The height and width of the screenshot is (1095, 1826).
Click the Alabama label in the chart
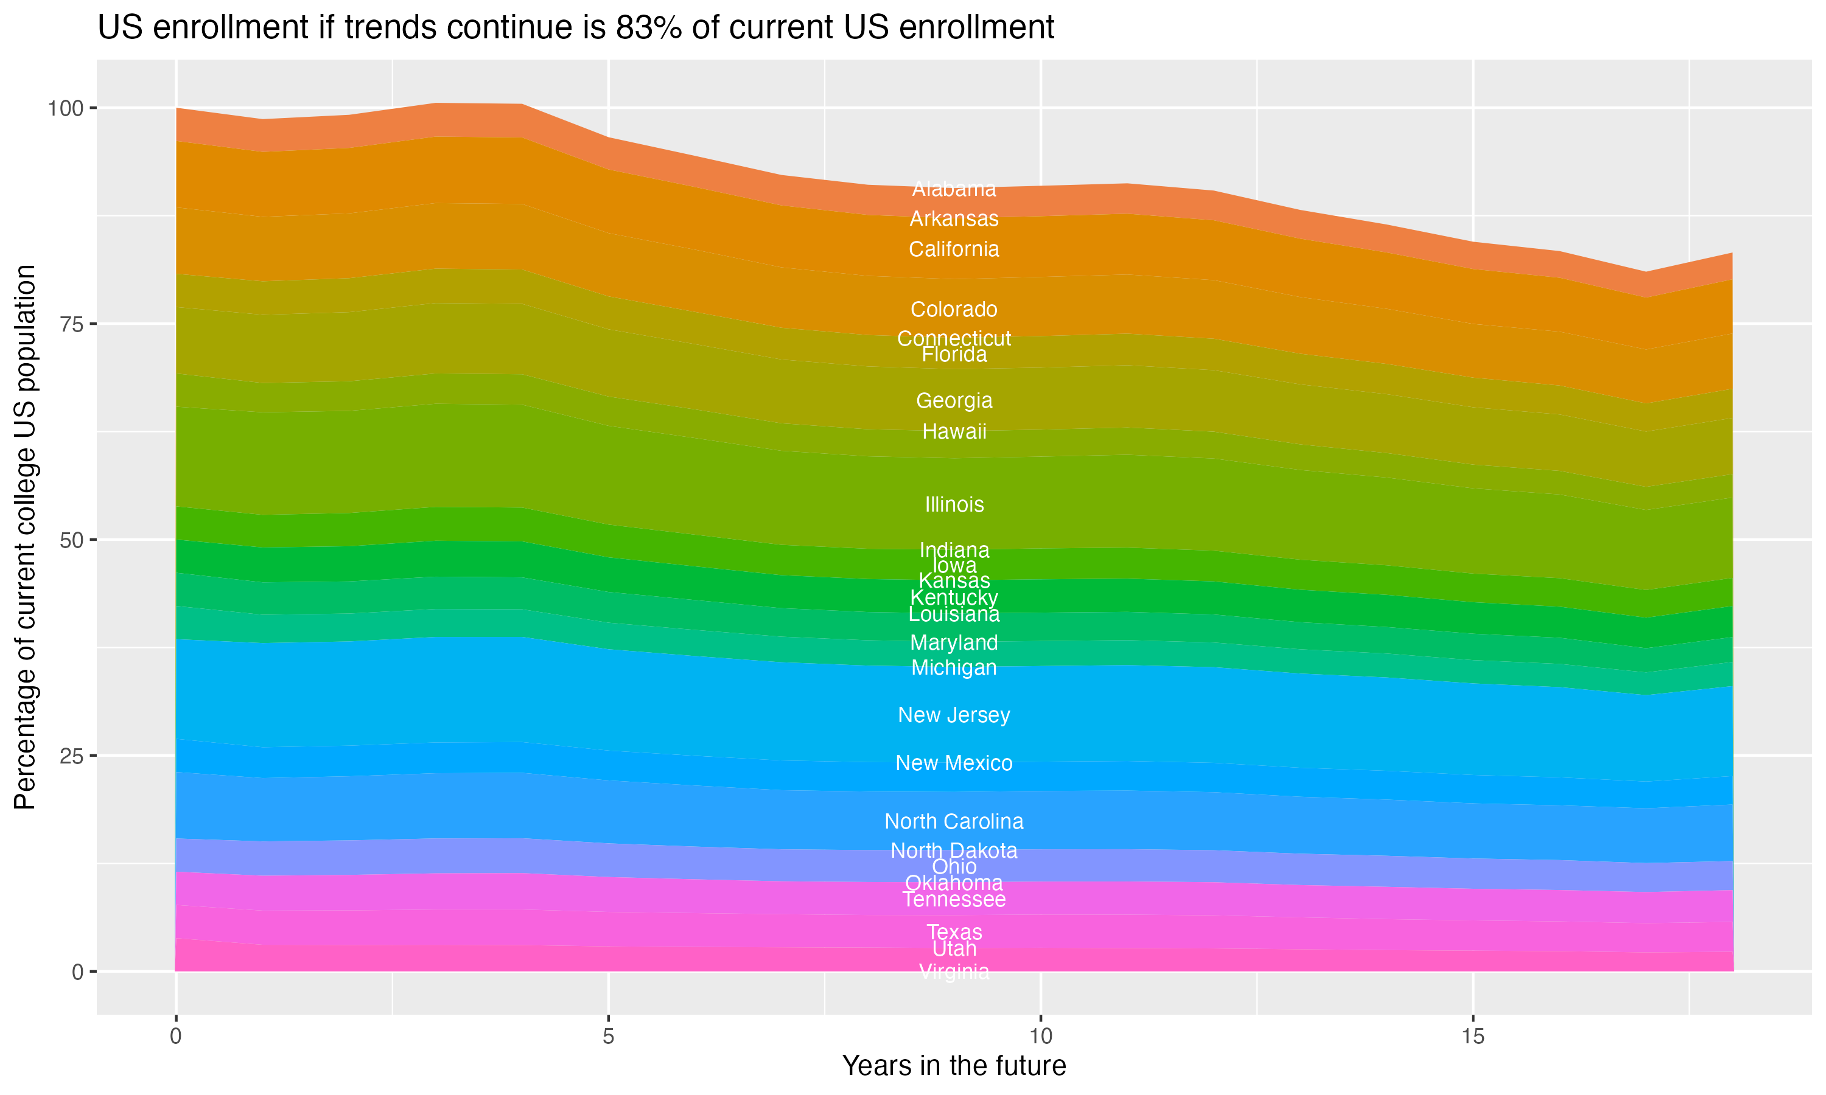(x=954, y=189)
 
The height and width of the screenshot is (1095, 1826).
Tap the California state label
(x=954, y=249)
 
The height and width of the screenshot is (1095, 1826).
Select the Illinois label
(x=954, y=505)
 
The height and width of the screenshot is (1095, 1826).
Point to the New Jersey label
(x=954, y=715)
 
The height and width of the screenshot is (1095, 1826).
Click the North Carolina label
(x=954, y=821)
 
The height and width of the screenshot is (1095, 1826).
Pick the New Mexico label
(x=954, y=763)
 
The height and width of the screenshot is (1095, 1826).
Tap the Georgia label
(x=954, y=401)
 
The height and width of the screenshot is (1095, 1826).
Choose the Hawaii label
(x=954, y=432)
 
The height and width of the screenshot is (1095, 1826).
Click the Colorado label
(x=954, y=309)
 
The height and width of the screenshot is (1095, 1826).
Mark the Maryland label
(x=954, y=642)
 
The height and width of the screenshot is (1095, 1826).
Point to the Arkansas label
(x=954, y=219)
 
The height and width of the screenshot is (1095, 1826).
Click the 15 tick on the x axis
(x=1472, y=1037)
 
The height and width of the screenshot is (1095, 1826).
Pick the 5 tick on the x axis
(x=608, y=1037)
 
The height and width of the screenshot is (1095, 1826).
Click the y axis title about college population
(x=25, y=537)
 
